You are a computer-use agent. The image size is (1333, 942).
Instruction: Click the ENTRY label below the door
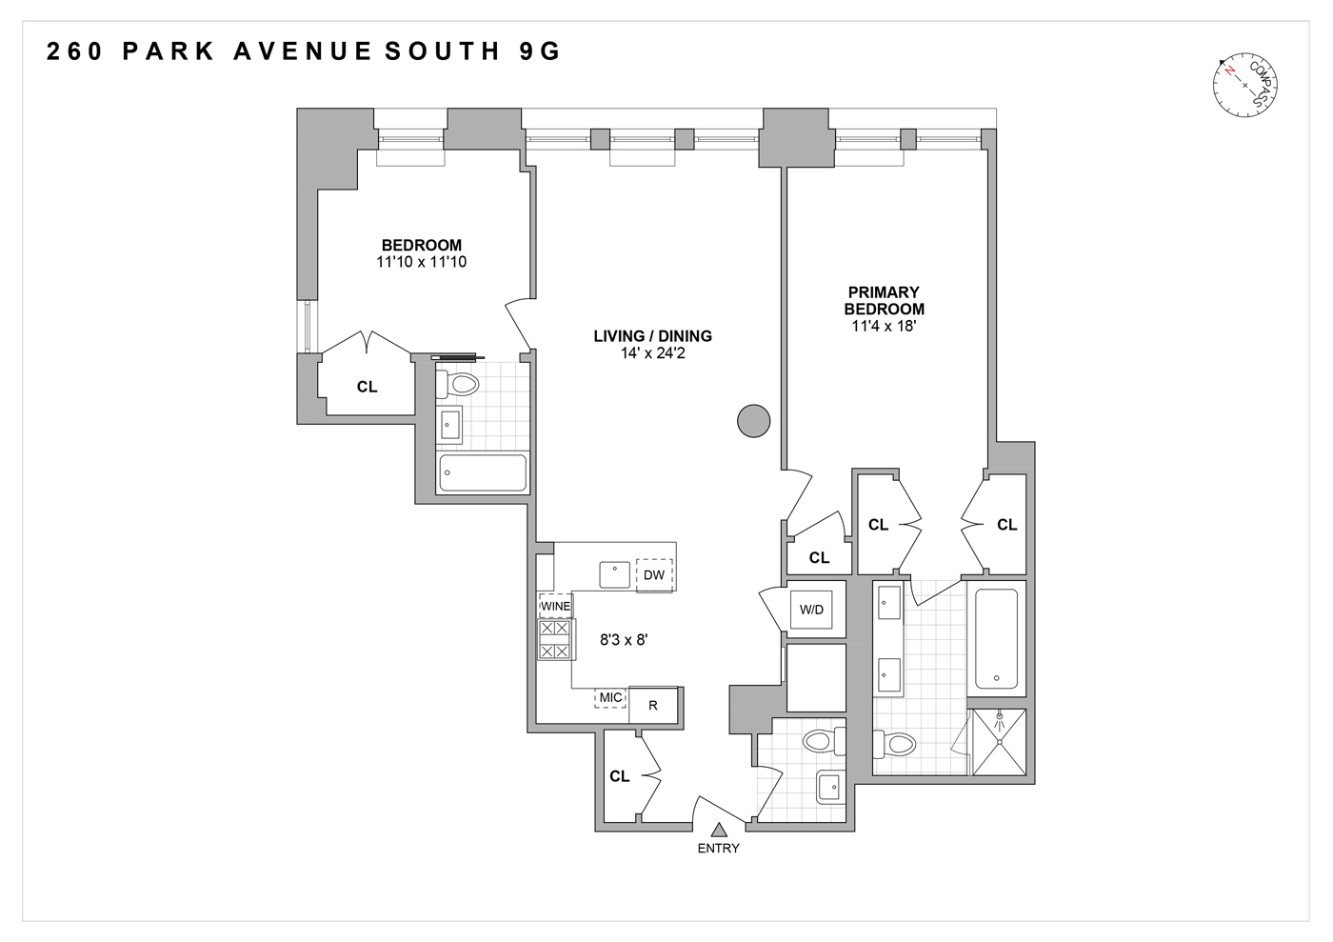coord(718,849)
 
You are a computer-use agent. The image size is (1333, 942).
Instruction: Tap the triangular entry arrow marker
coord(719,831)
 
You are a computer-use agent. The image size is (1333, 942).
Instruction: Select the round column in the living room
coord(754,420)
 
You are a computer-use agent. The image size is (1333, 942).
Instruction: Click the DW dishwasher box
coord(654,574)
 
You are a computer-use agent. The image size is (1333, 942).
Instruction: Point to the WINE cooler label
coord(555,607)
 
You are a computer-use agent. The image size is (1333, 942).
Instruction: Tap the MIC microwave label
coord(610,698)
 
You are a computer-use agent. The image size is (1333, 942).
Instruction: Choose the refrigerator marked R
coord(653,706)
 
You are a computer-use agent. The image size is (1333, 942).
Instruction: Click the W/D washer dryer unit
coord(812,610)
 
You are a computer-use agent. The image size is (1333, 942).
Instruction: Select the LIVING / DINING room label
coord(652,336)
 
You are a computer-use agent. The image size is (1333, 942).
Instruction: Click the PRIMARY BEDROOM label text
coord(884,300)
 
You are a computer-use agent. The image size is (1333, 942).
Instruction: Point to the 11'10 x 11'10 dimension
coord(421,262)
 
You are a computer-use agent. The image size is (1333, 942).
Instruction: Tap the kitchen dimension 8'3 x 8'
coord(624,640)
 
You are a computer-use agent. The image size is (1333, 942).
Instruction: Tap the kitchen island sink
coord(615,574)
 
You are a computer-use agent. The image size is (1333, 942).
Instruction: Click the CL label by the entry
coord(620,776)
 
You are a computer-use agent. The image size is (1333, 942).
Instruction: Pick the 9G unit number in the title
coord(540,51)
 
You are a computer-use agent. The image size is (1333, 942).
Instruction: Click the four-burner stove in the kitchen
coord(555,640)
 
